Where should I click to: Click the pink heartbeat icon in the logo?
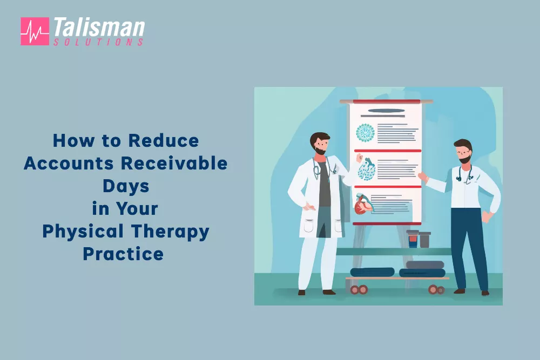click(x=34, y=31)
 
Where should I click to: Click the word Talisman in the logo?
click(x=98, y=28)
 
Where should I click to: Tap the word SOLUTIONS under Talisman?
click(x=98, y=42)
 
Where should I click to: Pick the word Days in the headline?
click(x=126, y=186)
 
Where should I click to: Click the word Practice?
click(x=123, y=253)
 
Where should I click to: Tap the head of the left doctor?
click(x=320, y=143)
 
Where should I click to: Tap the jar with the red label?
click(x=413, y=239)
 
